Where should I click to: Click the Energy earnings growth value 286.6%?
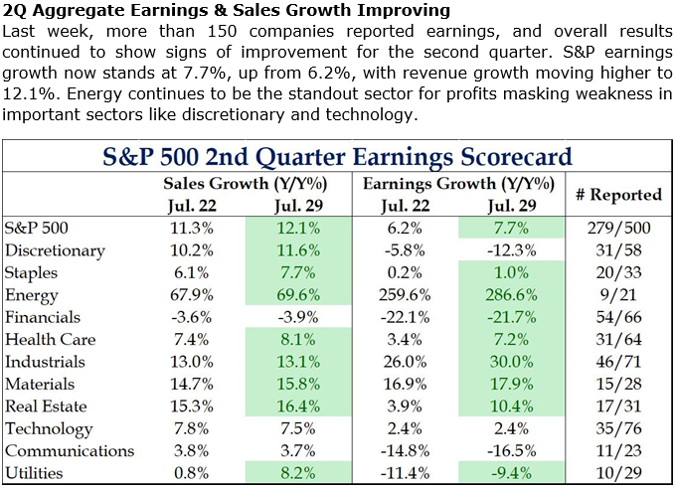coord(512,295)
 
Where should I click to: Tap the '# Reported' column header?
coord(619,195)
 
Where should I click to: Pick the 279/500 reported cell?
coord(619,228)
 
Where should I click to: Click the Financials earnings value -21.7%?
coord(512,317)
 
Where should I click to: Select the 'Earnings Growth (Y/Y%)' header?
coord(454,184)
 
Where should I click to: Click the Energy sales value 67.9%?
coord(188,295)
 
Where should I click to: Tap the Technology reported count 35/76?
coord(619,428)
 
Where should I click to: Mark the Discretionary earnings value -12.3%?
coord(512,250)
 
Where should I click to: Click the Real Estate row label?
coord(46,407)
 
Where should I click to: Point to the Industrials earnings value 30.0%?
coord(512,362)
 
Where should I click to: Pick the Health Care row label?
coord(45,340)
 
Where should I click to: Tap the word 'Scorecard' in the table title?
coord(508,156)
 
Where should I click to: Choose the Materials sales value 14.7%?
coord(188,384)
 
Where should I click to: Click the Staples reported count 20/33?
coord(619,272)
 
